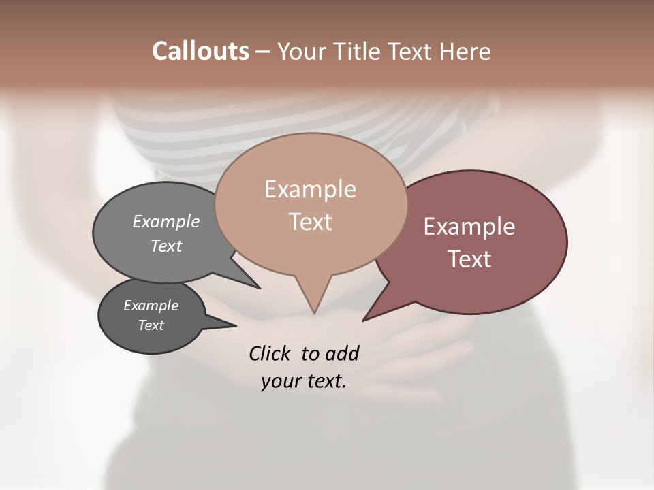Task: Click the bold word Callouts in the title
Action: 200,51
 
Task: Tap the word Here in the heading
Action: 465,51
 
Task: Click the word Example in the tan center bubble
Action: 310,189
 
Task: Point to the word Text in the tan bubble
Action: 310,222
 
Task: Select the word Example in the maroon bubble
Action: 469,227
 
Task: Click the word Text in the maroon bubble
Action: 469,259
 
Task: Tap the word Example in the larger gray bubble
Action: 166,222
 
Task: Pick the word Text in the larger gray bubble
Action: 166,246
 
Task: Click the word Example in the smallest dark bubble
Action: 151,306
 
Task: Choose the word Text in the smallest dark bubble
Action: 151,325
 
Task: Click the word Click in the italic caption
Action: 271,353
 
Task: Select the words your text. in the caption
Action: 304,381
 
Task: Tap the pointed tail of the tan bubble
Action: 314,310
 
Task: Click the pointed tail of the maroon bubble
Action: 366,318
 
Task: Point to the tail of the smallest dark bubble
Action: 232,325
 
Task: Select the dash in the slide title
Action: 263,51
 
